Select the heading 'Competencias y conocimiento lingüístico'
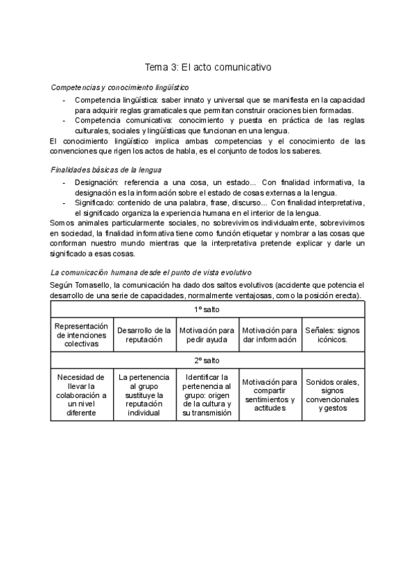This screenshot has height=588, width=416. [120, 87]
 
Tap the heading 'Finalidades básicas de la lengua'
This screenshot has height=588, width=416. [107, 170]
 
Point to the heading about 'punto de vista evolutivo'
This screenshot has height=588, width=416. [151, 273]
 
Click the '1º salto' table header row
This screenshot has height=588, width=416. [208, 309]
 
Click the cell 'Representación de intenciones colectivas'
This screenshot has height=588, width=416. [82, 334]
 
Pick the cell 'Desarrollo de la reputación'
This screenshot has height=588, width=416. [144, 334]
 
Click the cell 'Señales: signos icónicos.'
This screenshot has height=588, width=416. [333, 334]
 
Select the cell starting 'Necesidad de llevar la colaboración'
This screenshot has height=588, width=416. [82, 395]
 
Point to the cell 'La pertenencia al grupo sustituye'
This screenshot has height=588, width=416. [144, 395]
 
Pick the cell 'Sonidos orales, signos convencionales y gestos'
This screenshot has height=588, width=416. [333, 395]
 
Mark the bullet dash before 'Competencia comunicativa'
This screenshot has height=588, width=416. [64, 120]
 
